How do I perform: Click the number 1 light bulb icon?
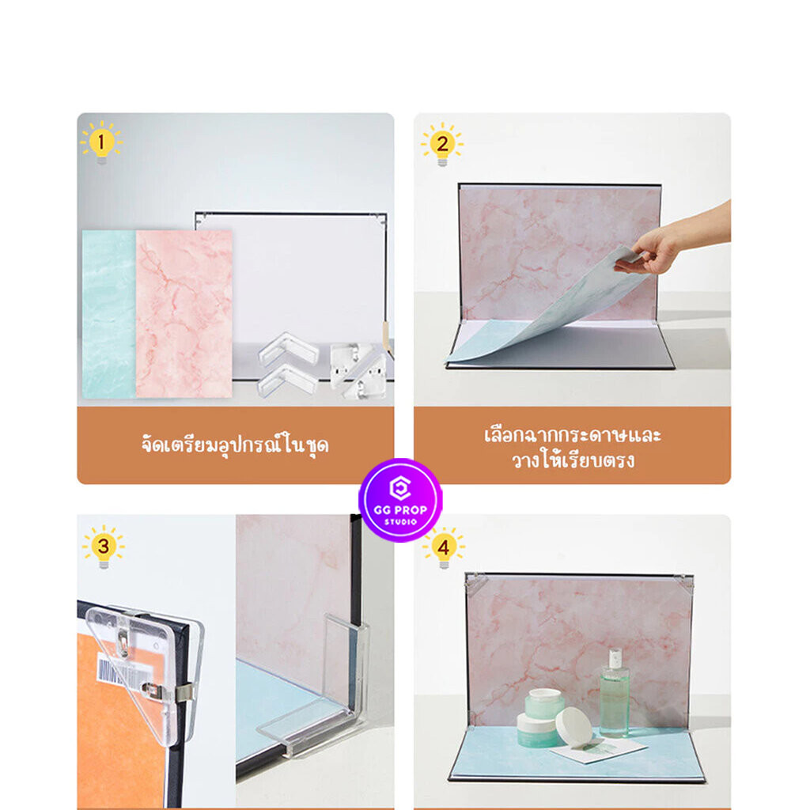coord(101,142)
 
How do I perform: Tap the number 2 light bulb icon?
coord(442,144)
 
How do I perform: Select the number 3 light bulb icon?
coord(104,547)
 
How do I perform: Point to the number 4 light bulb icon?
coord(444,547)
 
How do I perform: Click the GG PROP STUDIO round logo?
coord(400,500)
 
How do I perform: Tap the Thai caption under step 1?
coord(236,445)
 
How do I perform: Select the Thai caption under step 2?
coord(573,448)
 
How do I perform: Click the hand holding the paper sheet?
coord(672,242)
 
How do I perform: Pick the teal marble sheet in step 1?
coord(109,314)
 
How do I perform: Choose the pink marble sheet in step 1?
coord(184,314)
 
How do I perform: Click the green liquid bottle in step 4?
coord(614,692)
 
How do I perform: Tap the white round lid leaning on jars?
coord(574,726)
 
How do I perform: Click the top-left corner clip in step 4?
coord(475,583)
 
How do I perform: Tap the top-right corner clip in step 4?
coord(684,583)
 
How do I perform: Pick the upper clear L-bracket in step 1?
coord(288,348)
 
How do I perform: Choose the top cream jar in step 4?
coord(546,702)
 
